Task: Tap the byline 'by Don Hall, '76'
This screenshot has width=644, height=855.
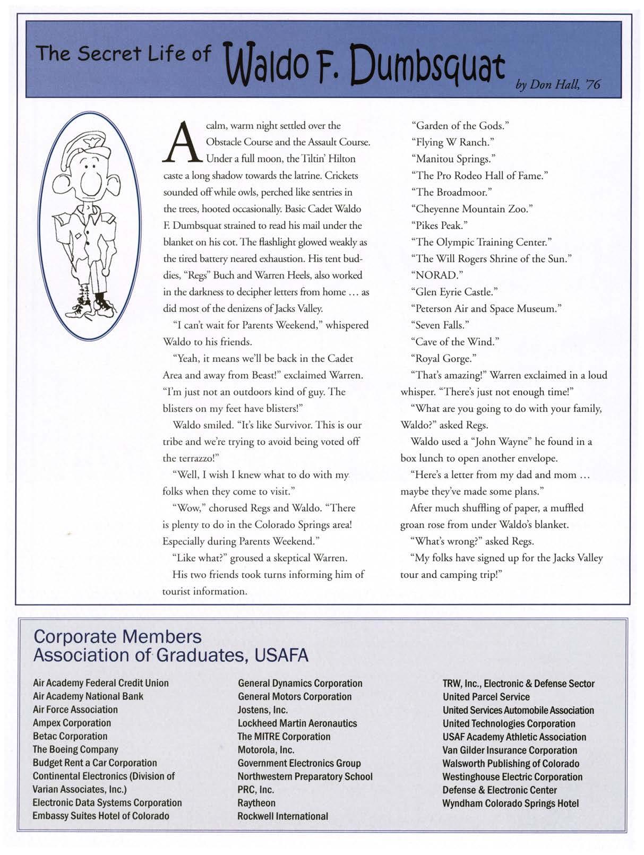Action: tap(557, 84)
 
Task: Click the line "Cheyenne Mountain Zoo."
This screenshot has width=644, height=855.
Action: tap(471, 209)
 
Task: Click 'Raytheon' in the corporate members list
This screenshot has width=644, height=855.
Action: tap(256, 802)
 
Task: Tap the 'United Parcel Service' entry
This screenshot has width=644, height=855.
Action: tap(486, 696)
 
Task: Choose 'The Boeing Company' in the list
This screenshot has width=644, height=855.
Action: tap(75, 749)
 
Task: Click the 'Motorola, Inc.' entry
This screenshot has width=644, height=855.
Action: tap(266, 749)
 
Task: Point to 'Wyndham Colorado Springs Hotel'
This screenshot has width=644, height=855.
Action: tap(510, 803)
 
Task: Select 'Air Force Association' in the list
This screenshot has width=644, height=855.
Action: tap(75, 710)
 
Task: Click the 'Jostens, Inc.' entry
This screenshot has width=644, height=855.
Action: tap(263, 710)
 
